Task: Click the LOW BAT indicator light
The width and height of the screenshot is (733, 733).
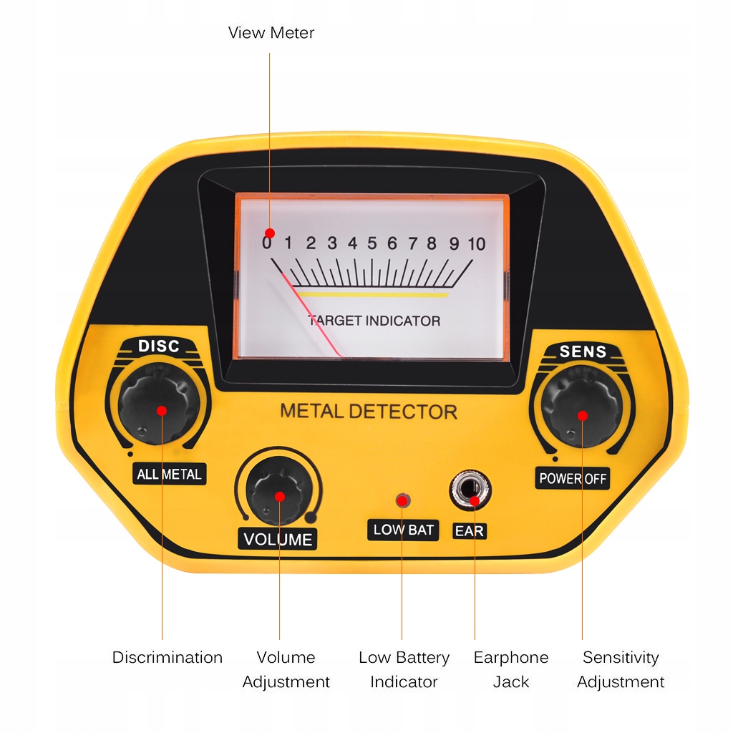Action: (403, 500)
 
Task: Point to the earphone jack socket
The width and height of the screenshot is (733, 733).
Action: (470, 491)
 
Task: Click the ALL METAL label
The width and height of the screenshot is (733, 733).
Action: (169, 474)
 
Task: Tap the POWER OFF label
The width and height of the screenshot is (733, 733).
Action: (573, 478)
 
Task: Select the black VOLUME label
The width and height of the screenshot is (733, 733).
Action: (278, 539)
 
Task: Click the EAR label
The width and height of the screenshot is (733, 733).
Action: (470, 530)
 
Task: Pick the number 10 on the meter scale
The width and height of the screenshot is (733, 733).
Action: (477, 243)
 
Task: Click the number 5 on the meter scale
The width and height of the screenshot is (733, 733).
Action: (372, 243)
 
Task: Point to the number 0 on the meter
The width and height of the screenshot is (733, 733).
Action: (267, 243)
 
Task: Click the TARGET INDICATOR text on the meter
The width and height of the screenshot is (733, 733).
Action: (374, 321)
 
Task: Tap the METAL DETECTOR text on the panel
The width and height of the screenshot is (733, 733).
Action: (368, 412)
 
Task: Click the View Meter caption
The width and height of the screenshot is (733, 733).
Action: (271, 33)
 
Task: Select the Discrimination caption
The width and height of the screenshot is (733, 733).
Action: (168, 657)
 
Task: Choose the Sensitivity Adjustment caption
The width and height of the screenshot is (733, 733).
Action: (621, 669)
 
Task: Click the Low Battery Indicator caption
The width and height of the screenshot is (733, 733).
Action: (404, 669)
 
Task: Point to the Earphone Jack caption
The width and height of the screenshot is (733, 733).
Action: (511, 669)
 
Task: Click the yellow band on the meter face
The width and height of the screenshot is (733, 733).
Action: (372, 294)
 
